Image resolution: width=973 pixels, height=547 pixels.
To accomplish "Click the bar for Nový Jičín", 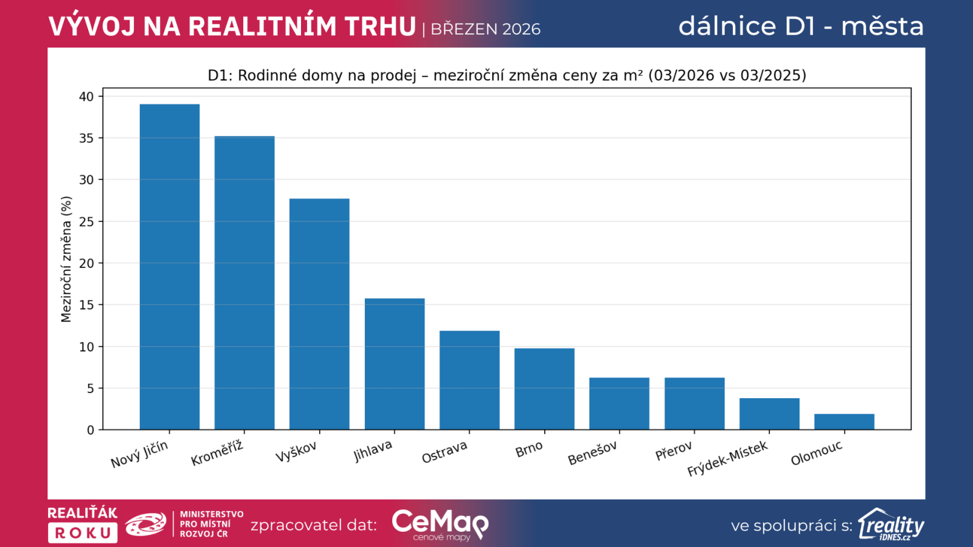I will pos(170,267).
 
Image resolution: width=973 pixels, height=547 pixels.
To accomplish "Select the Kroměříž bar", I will pos(244,283).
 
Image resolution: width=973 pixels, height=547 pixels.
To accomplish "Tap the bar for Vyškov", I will pos(319,314).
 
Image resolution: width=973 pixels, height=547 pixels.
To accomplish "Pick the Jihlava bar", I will pos(395,364).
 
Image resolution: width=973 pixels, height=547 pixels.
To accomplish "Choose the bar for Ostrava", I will pos(469,380).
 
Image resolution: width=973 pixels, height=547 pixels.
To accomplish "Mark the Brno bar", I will pos(544,389).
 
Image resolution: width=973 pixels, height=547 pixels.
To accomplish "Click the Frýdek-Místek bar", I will pos(769,414).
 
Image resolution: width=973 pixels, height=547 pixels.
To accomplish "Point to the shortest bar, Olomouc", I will pos(844,422).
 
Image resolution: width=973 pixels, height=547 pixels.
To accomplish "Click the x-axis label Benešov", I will pos(592,453).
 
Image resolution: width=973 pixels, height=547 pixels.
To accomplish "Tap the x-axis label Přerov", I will pos(674,451).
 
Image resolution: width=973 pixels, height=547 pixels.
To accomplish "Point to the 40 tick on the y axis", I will pos(86,97).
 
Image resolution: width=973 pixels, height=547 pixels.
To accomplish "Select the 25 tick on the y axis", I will pos(86,222).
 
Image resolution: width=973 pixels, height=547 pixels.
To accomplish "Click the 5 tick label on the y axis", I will pos(90,388).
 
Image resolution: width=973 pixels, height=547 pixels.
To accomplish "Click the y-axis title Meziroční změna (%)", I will pos(66,259).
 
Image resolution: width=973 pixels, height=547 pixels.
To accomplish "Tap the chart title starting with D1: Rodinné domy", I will pos(507,75).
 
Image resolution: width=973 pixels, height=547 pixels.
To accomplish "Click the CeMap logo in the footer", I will pos(440,525).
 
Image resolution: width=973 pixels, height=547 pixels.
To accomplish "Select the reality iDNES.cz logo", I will pos(891,525).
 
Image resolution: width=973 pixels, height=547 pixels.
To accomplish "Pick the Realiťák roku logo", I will pos(83,524).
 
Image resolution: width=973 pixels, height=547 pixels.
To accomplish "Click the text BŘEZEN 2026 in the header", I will pos(485,29).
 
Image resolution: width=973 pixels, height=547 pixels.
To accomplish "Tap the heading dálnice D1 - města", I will pos(801,26).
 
